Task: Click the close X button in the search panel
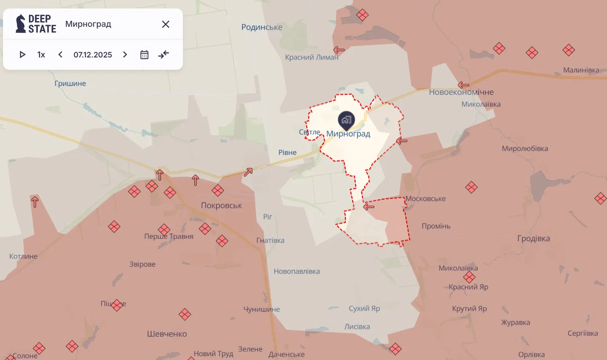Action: (x=165, y=24)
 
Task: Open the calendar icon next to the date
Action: (x=144, y=54)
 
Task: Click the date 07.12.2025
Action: (x=93, y=54)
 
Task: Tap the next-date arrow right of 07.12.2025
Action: (x=125, y=54)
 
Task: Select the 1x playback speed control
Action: (x=41, y=54)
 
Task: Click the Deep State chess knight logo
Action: (x=20, y=24)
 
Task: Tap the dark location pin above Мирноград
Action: (x=346, y=120)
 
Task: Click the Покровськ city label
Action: (x=221, y=206)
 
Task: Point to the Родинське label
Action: (x=262, y=27)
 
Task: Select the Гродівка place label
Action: (x=533, y=239)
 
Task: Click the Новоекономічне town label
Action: (x=461, y=92)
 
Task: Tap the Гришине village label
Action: (x=70, y=83)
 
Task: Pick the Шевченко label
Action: (x=167, y=334)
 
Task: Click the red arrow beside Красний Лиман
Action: (x=339, y=50)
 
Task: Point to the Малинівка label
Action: (x=581, y=70)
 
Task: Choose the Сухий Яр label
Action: (x=364, y=309)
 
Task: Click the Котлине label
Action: (x=23, y=256)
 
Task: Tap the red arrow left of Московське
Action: (x=368, y=207)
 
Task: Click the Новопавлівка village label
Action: (x=296, y=271)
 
